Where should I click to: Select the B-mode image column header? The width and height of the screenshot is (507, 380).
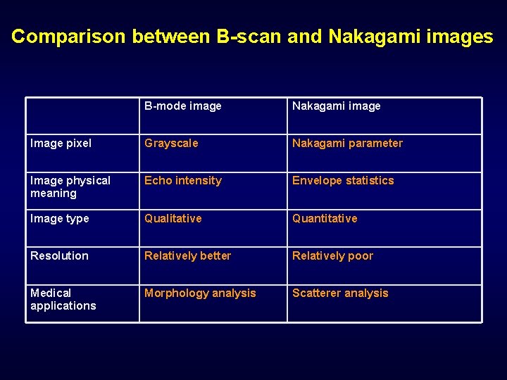183,106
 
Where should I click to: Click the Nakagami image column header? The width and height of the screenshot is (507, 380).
336,106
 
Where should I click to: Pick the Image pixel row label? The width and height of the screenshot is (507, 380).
61,144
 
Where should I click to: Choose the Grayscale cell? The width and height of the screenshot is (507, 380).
171,144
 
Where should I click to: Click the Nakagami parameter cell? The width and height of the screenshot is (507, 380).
347,144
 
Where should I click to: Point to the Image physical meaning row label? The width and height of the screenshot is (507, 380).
70,186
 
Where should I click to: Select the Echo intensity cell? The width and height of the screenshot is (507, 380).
183,181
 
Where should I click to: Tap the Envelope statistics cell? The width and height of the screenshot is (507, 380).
343,181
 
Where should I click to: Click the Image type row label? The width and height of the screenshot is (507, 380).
59,219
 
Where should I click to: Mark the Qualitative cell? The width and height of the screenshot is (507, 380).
173,219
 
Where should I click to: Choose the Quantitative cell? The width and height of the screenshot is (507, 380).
325,219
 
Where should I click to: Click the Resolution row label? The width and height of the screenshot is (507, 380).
59,256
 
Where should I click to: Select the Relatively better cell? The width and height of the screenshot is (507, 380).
187,256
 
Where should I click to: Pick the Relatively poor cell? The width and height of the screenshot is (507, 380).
332,256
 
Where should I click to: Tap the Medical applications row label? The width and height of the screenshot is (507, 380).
63,299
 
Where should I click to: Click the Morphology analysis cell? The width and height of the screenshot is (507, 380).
200,293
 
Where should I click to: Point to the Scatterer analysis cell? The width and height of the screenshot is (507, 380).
340,293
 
